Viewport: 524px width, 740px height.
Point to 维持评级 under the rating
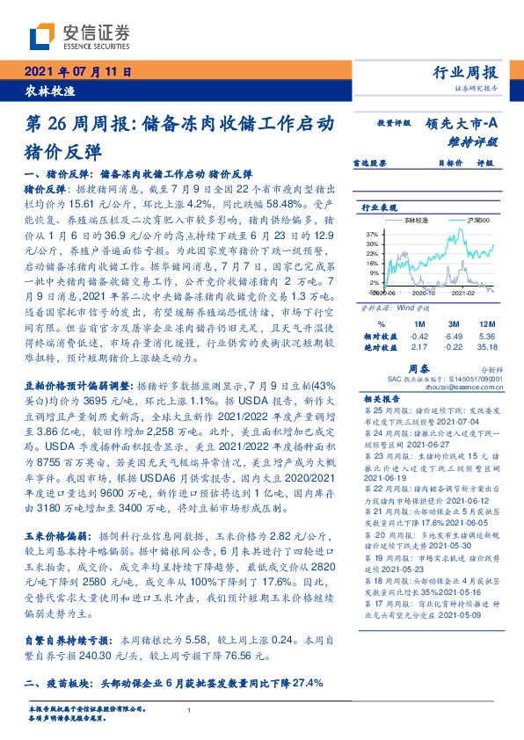[474, 141]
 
